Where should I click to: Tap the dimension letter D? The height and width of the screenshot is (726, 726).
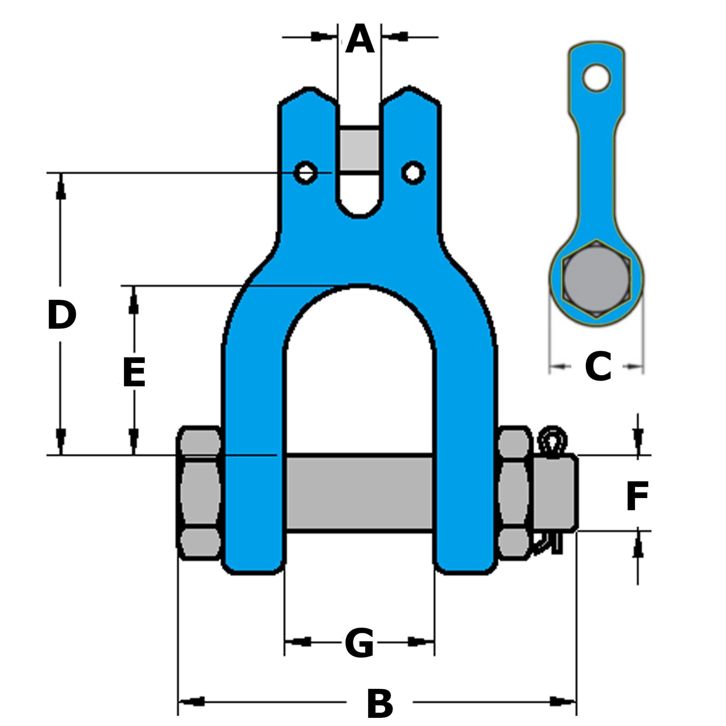pyautogui.click(x=62, y=315)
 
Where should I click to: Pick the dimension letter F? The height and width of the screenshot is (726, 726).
pyautogui.click(x=637, y=496)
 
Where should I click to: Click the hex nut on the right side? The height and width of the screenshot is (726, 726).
pyautogui.click(x=514, y=492)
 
